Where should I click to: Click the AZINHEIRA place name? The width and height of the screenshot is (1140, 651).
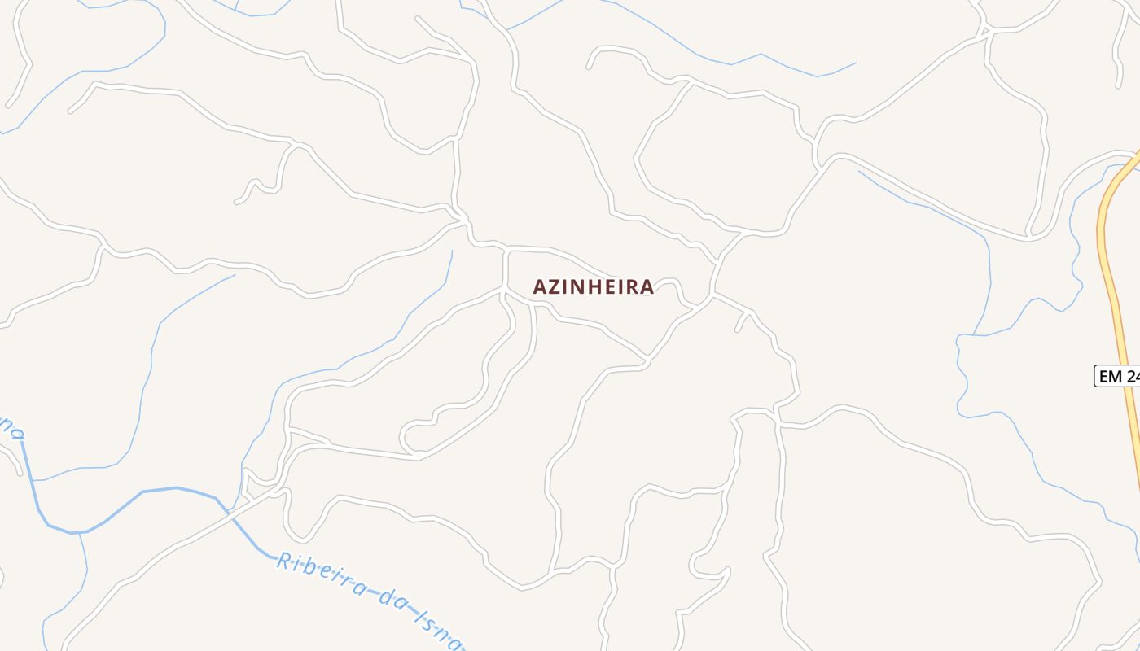tap(593, 286)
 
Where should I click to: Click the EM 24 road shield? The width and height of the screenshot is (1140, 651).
tap(1118, 376)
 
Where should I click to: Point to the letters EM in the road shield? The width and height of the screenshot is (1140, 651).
tap(1110, 376)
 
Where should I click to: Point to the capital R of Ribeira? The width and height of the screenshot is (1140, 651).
tap(283, 561)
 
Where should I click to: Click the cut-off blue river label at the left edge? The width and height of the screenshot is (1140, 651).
tap(10, 426)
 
